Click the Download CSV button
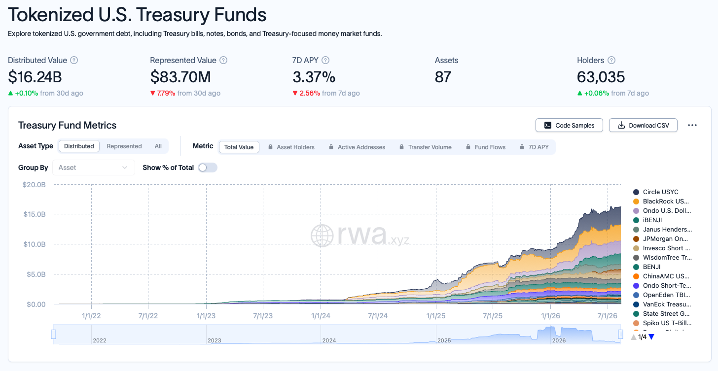[643, 125]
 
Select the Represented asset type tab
[124, 146]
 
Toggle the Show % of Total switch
[208, 168]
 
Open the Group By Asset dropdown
[93, 168]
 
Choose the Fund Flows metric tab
[486, 147]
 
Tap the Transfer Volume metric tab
[426, 147]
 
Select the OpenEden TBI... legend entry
[662, 295]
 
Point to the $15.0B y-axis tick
[35, 214]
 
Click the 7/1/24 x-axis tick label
[378, 316]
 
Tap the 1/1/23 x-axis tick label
[206, 316]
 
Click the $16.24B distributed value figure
[35, 77]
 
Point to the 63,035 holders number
[601, 77]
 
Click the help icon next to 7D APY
[325, 60]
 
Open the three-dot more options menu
[692, 125]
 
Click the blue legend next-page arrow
[651, 337]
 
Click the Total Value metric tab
[239, 147]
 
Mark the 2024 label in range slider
[329, 340]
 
